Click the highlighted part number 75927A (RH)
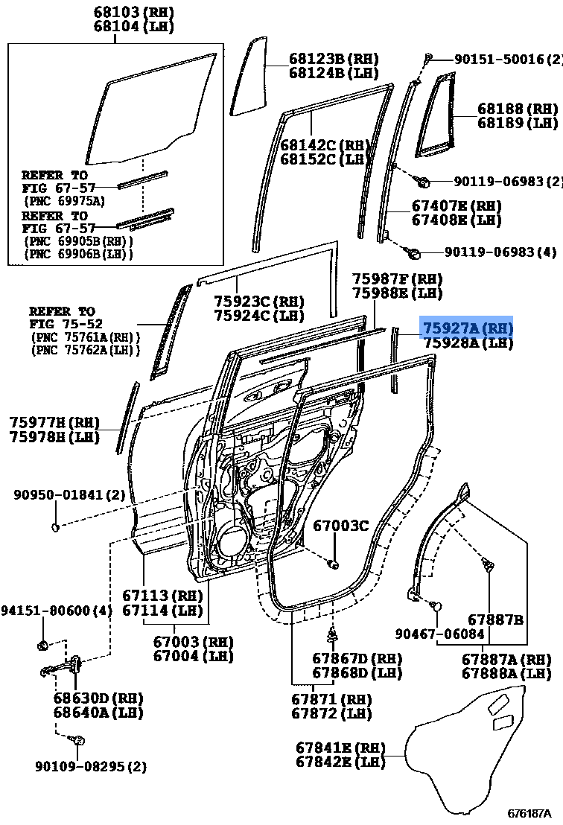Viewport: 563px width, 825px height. (468, 328)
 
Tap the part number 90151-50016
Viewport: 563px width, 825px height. (489, 60)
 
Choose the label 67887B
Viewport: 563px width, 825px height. (495, 619)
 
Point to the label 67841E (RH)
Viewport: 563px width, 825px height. (340, 748)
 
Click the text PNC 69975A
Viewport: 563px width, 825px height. (65, 200)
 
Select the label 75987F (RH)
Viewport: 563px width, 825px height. (397, 278)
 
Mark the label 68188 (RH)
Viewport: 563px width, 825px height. (518, 109)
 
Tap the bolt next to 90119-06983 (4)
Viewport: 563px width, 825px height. (418, 253)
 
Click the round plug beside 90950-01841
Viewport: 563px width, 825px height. (56, 528)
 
